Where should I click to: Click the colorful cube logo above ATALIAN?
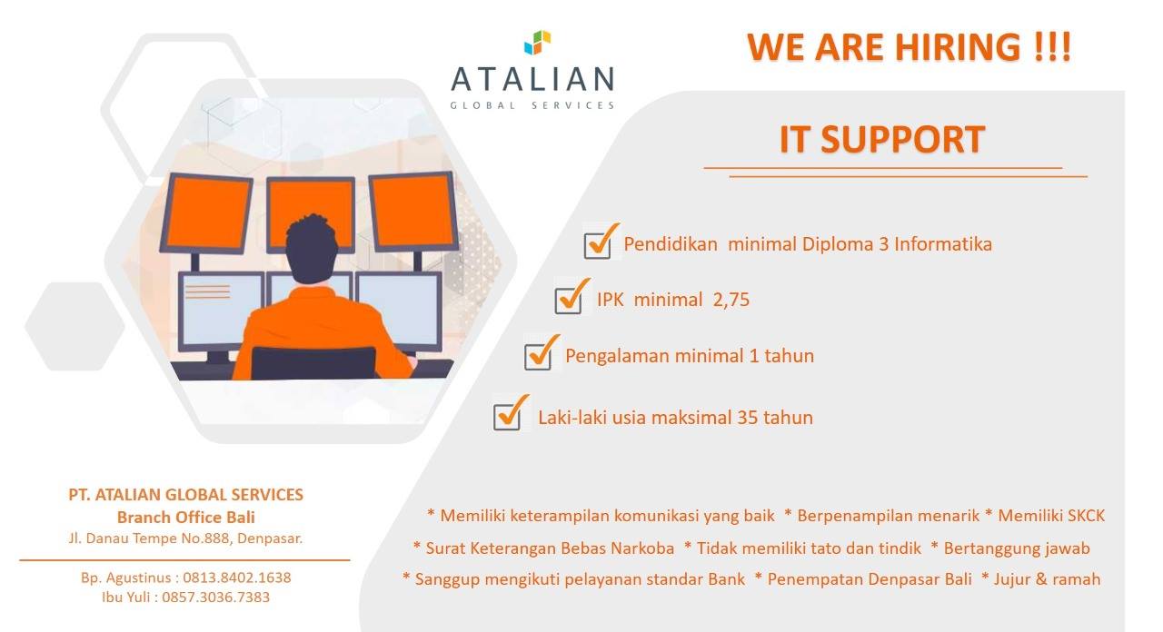click(537, 43)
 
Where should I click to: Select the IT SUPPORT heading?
click(882, 139)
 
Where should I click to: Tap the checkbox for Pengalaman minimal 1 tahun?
click(541, 354)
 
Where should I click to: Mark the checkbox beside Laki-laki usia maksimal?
click(510, 414)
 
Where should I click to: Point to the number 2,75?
click(731, 300)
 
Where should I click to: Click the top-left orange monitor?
click(207, 213)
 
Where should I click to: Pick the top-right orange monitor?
click(413, 212)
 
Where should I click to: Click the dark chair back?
click(313, 362)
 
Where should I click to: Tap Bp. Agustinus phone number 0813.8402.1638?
click(237, 578)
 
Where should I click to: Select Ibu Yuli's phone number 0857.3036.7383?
click(216, 597)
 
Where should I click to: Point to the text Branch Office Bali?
click(186, 518)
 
